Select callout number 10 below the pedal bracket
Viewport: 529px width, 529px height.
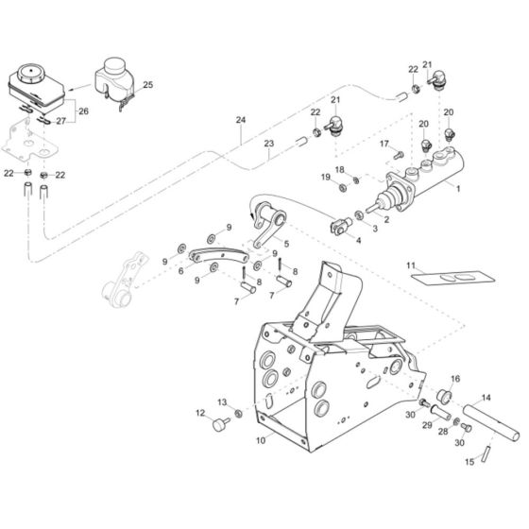(x=261, y=440)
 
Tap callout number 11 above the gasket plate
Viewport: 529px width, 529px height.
(x=411, y=265)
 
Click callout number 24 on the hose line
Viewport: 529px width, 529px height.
(x=240, y=120)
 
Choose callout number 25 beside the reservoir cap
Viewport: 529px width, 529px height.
(x=146, y=85)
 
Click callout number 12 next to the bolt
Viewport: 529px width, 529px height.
(x=200, y=412)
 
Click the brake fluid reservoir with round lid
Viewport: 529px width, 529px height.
(x=35, y=77)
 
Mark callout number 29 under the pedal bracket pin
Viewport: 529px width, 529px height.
(x=426, y=427)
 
